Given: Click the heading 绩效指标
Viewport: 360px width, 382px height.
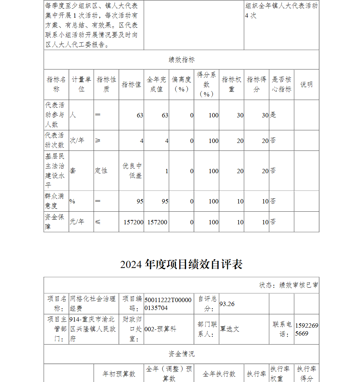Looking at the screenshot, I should (x=181, y=60).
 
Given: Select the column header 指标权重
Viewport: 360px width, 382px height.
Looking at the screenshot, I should (x=231, y=84).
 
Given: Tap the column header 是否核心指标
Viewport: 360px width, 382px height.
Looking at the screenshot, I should (x=282, y=84).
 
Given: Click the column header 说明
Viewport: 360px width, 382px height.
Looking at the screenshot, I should (x=306, y=84).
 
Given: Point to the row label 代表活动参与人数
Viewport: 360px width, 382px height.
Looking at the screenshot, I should (x=56, y=115).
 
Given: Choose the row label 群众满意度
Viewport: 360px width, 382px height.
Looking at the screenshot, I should (x=56, y=201).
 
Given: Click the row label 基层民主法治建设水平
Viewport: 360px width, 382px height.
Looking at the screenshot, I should (x=56, y=171).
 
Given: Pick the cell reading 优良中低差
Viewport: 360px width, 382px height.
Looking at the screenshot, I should (x=132, y=171).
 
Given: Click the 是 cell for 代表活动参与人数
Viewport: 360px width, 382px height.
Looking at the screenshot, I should (x=273, y=115).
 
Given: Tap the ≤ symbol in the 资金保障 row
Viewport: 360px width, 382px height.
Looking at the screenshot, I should (x=98, y=222).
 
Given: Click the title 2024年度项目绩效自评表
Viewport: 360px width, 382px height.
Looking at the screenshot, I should (x=181, y=264).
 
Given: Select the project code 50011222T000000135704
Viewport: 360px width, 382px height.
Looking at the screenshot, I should (x=168, y=304).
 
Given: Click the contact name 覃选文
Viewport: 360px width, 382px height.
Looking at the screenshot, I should (x=229, y=329).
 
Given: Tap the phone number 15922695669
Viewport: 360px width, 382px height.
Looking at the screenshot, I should (x=306, y=329).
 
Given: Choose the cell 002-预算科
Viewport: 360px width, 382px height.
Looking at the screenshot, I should (x=160, y=329).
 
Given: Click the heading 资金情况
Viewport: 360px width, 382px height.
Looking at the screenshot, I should (x=181, y=354).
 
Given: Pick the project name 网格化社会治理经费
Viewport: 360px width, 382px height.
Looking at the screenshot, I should (x=93, y=303).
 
